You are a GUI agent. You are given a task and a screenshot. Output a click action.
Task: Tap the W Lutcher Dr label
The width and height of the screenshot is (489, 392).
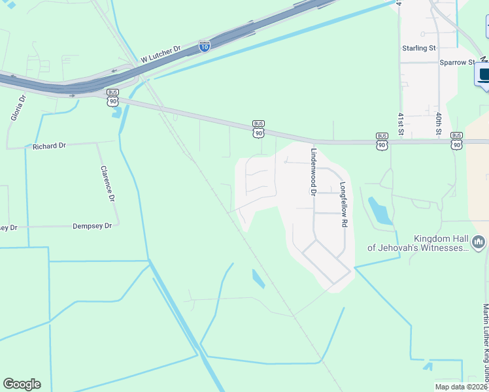coord(160,56)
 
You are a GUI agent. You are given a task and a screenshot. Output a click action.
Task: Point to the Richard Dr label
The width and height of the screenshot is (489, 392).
coord(50,147)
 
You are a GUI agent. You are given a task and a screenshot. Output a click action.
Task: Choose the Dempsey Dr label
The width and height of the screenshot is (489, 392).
coord(92,225)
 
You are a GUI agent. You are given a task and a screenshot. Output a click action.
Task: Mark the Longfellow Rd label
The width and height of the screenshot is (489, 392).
coord(343,204)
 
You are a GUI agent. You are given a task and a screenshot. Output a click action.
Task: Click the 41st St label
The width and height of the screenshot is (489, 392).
coord(401,121)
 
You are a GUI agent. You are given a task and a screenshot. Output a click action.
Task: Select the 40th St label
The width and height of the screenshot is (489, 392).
coord(439,122)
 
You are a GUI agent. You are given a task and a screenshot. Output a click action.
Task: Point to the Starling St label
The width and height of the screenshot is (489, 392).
coord(419,48)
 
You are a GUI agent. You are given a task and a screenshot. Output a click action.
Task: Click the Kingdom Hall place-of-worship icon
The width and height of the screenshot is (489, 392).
coord(479,242)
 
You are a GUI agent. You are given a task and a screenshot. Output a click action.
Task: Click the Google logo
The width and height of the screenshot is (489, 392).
coord(22,384)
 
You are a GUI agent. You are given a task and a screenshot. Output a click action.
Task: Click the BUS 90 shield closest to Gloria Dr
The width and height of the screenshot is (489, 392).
coord(113,97)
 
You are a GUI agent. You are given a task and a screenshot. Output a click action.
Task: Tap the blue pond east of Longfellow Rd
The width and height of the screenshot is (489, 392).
coord(379,210)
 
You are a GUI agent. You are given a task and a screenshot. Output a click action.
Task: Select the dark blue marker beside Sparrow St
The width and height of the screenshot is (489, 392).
coord(484,74)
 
